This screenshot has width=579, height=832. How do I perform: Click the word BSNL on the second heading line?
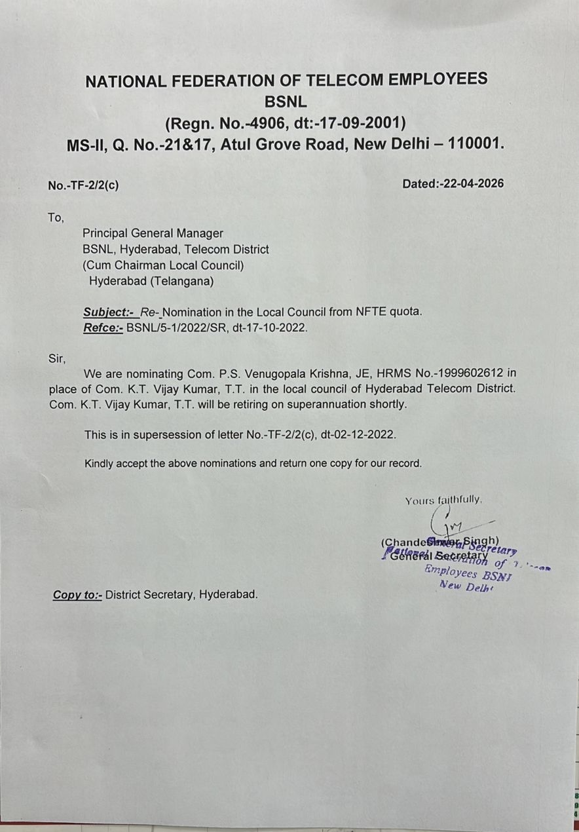tap(286, 102)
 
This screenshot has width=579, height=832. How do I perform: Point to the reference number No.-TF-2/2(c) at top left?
tap(83, 185)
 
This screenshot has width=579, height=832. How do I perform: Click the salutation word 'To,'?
tap(56, 217)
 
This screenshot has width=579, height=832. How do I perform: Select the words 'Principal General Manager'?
tap(153, 233)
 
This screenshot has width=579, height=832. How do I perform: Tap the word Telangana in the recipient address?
tap(178, 282)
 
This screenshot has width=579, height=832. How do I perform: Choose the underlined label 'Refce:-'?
tap(103, 328)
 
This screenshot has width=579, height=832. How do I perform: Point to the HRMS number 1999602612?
tap(470, 373)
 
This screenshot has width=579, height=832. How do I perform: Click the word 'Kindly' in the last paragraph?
tap(100, 463)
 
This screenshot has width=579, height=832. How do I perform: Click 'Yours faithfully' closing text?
tap(443, 501)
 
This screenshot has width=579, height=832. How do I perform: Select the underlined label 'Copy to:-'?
tap(77, 595)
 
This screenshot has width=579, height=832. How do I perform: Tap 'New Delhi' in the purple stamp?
tap(465, 586)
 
